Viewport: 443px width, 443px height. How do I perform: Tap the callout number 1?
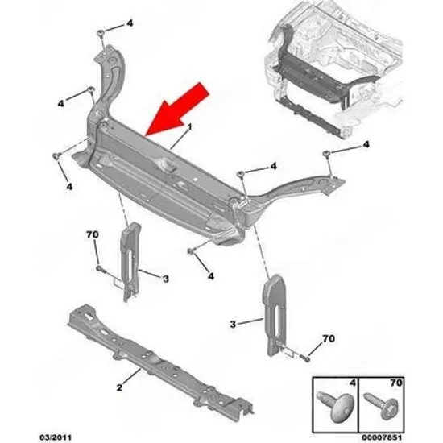point(189,126)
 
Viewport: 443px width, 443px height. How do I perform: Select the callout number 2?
point(119,387)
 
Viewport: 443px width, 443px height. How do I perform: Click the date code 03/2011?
point(56,437)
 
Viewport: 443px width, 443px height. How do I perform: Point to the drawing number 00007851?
point(381,437)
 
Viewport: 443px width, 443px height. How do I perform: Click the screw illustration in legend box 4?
point(333,406)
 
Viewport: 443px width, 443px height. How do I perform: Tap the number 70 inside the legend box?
point(395,383)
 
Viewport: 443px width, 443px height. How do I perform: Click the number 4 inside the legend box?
point(353,383)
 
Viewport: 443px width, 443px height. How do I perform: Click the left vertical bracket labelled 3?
point(130,262)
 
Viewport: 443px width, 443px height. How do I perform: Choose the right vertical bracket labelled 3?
point(275,314)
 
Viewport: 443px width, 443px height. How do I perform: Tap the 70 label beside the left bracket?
point(93,234)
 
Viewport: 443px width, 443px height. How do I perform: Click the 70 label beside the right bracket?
point(329,338)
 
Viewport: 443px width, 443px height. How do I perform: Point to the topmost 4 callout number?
point(130,23)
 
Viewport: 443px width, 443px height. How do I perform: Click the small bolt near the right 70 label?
point(306,358)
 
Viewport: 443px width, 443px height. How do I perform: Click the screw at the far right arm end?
point(326,153)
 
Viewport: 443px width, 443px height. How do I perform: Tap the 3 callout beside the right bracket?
point(233,324)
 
